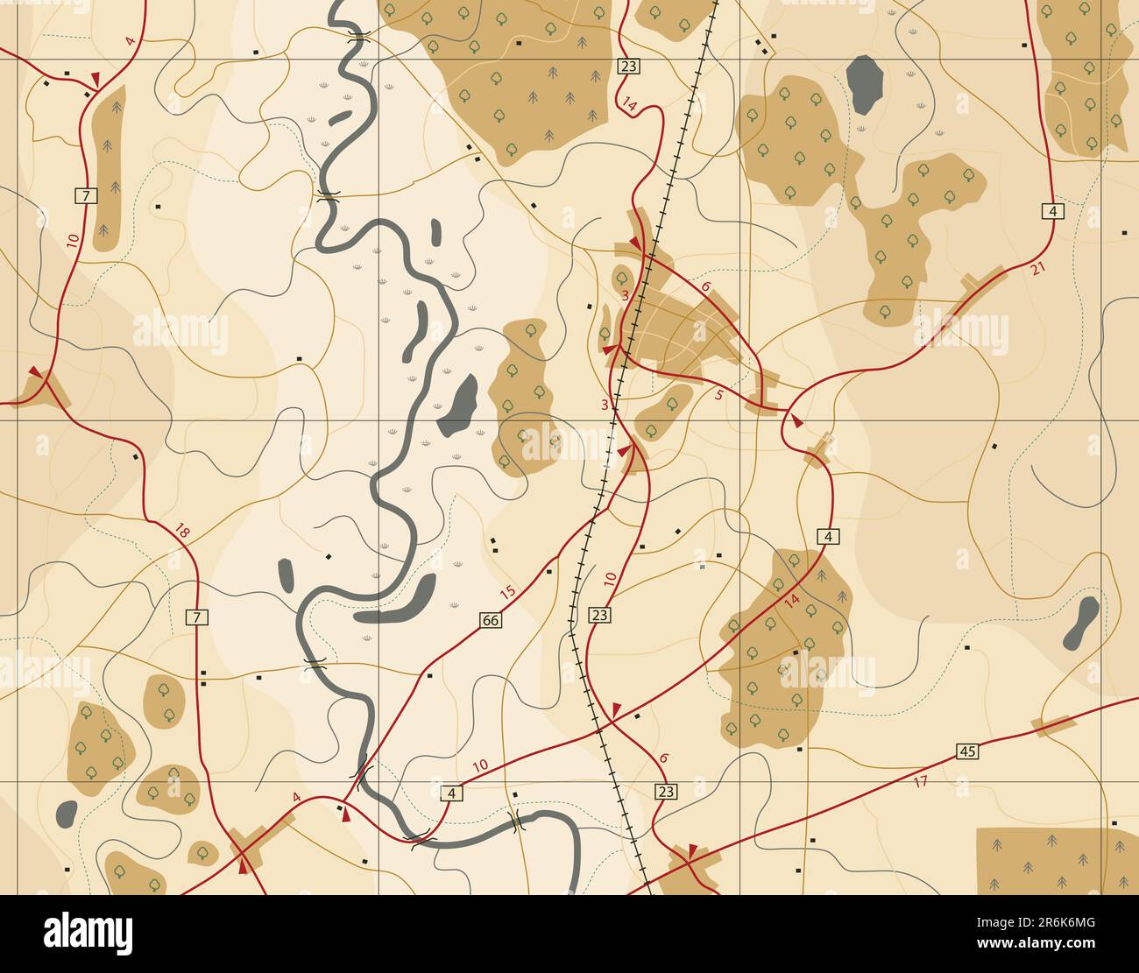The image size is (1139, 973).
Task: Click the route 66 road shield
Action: tap(491, 620)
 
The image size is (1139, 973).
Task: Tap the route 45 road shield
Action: tap(967, 751)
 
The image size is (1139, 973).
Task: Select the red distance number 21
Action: tap(1038, 269)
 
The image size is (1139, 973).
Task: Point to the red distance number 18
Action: tap(182, 531)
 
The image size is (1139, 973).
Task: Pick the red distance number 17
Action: tap(920, 781)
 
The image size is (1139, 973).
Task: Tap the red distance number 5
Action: tap(719, 395)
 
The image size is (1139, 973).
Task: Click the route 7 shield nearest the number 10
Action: tap(84, 195)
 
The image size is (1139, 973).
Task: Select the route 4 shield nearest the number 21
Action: tap(1052, 210)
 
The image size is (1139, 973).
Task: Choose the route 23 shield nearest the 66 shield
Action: tap(599, 615)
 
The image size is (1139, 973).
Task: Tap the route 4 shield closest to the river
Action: tap(451, 793)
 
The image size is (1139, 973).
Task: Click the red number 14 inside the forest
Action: tap(791, 601)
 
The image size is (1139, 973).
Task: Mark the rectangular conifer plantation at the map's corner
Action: tap(1056, 860)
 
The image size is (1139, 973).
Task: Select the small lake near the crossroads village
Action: tap(67, 814)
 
